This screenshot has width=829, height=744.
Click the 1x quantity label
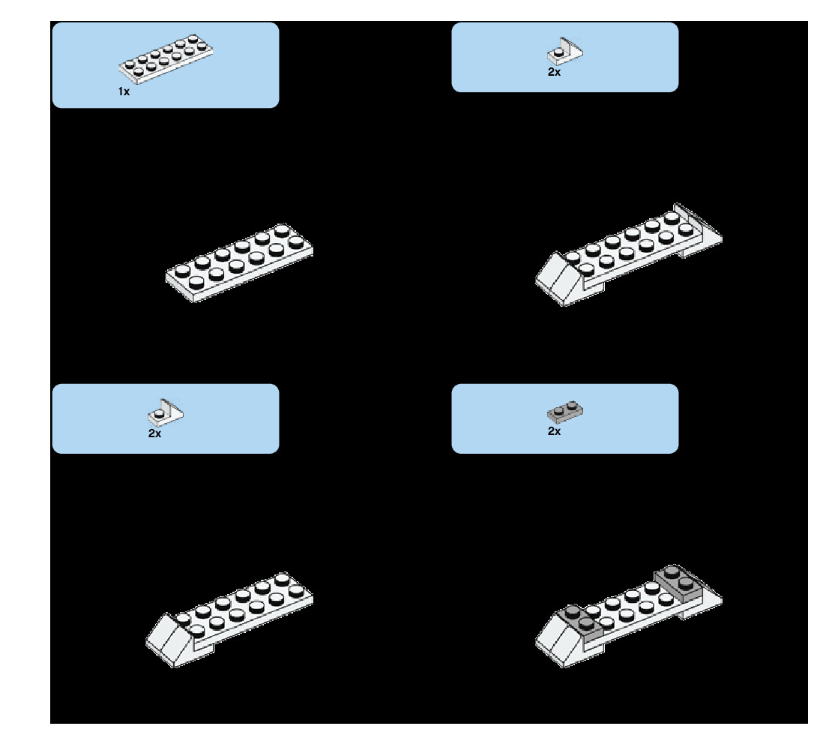pos(124,91)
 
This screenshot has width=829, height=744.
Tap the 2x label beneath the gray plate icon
pos(554,431)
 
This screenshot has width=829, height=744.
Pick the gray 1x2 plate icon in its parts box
pos(565,412)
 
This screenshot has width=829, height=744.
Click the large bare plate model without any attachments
pos(239,262)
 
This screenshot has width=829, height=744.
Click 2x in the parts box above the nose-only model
pos(154,433)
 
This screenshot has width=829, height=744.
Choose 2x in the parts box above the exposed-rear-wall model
pos(554,73)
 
